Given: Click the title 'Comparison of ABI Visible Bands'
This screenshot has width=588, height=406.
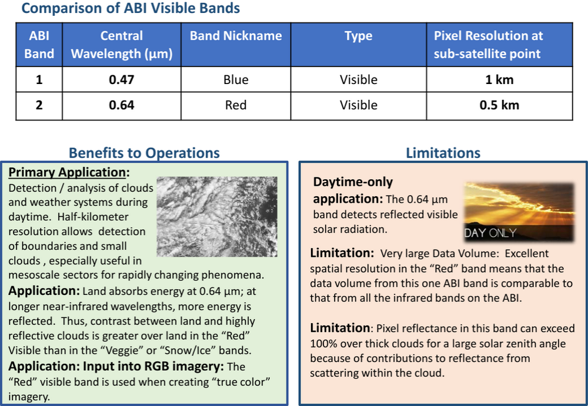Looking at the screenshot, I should coord(131,9).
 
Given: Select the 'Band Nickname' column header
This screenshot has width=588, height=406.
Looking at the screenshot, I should coord(236,36).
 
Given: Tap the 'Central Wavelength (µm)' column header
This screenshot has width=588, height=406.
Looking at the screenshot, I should coord(122,45).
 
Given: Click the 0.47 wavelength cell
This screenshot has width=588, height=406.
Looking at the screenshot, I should coord(122,79).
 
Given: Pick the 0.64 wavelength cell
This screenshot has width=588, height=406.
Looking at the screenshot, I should coord(122,105).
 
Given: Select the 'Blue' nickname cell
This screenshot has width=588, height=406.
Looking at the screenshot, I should coord(236,79).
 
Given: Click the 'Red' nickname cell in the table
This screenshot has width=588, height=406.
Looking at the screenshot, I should coord(236,105).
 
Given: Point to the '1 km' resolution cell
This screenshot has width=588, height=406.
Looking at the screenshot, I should coord(499,79).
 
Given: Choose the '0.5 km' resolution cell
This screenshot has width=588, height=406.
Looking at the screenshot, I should coord(499,105).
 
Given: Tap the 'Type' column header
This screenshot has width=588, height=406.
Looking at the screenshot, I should coord(358,36).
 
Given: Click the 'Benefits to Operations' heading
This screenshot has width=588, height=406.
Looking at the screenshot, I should coord(144,153).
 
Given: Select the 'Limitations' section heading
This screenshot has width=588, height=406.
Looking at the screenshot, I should coord(443,153).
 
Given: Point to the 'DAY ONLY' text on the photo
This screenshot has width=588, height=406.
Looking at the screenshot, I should coord(490,233).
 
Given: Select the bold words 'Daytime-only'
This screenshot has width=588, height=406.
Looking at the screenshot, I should coord(353,182).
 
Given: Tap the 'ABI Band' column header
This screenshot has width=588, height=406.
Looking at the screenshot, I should coord(39,45).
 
